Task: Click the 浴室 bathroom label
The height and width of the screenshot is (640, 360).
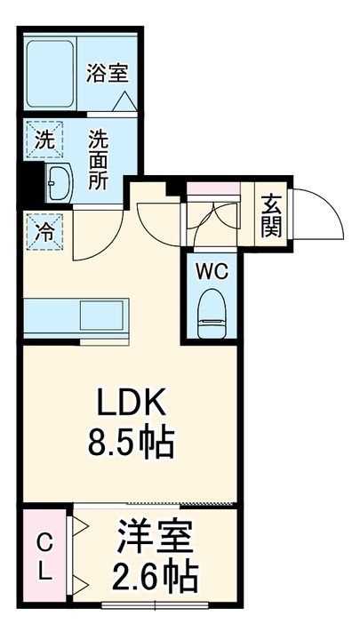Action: pos(108,74)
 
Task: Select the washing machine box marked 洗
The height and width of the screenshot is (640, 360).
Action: pos(43,139)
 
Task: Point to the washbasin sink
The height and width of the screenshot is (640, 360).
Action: pos(58,183)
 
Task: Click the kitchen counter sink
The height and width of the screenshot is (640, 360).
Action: pos(105,315)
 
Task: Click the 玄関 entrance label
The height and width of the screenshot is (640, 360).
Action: pos(271,216)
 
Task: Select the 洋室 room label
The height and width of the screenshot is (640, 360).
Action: pos(156,540)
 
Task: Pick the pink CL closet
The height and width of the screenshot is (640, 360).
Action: pos(45,556)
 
